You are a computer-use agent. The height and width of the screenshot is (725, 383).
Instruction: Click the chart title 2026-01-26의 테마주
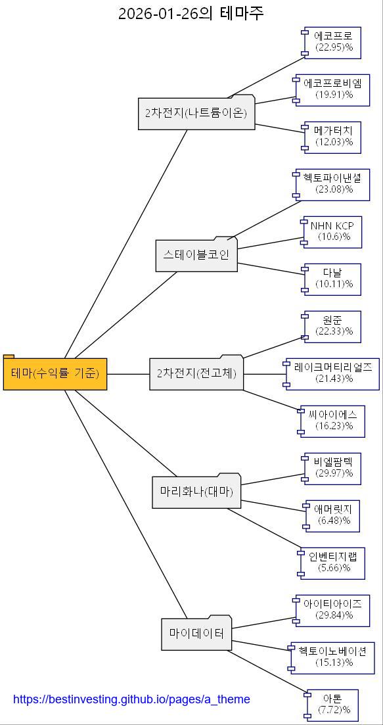(x=191, y=13)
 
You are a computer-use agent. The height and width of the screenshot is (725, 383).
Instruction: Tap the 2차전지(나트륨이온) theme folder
(x=196, y=113)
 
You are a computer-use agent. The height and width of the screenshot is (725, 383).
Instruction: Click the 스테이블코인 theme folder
(x=196, y=255)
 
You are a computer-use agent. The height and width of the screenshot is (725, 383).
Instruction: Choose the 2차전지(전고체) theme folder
(x=196, y=373)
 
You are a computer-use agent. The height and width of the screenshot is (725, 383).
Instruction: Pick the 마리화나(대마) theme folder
(x=196, y=492)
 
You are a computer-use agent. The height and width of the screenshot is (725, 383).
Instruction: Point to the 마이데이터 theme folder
(x=196, y=634)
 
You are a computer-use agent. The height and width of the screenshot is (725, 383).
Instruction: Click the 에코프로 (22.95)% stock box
(x=334, y=42)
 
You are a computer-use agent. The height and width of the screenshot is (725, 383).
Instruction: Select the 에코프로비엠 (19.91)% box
(x=333, y=89)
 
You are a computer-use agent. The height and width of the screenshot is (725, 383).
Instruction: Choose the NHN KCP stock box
(x=333, y=231)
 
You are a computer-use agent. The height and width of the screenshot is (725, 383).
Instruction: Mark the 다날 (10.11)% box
(x=333, y=279)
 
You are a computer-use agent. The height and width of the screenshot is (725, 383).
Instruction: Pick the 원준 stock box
(x=333, y=326)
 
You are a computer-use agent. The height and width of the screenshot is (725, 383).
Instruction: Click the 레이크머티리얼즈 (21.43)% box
(x=333, y=374)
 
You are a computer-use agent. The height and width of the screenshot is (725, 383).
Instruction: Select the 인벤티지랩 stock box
(x=333, y=563)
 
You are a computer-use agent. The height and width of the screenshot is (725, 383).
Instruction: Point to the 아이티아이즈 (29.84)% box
(x=333, y=610)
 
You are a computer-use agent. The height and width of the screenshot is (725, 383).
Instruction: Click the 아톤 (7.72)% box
(x=333, y=705)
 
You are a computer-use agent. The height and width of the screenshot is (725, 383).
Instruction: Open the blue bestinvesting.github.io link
(x=131, y=699)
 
